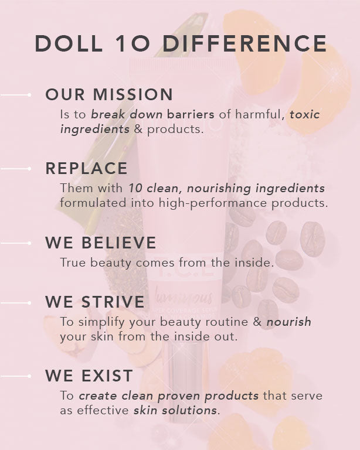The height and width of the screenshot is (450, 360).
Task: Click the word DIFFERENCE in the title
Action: coord(244,43)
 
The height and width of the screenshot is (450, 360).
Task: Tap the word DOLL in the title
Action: coord(69,43)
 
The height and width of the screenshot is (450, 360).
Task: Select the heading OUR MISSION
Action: coord(109,94)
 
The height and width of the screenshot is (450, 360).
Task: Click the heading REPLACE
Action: coord(86,168)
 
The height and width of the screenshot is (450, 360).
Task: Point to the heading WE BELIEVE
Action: coord(101,243)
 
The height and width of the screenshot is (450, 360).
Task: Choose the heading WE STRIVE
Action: coord(95,302)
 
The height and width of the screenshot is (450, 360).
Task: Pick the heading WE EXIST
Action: coord(89,376)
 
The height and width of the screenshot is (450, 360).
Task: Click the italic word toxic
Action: coord(305,114)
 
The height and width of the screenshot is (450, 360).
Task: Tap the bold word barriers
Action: coord(191,114)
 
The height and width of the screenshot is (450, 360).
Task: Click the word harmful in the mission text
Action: coord(260,114)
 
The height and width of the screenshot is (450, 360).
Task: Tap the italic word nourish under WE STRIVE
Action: coord(289,322)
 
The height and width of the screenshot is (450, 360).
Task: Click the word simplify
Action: coord(101,322)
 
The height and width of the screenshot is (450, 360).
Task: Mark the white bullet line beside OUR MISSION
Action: coord(15,95)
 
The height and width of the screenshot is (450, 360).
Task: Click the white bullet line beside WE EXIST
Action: coord(15,376)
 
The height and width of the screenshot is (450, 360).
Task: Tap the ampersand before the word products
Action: coord(138,129)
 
